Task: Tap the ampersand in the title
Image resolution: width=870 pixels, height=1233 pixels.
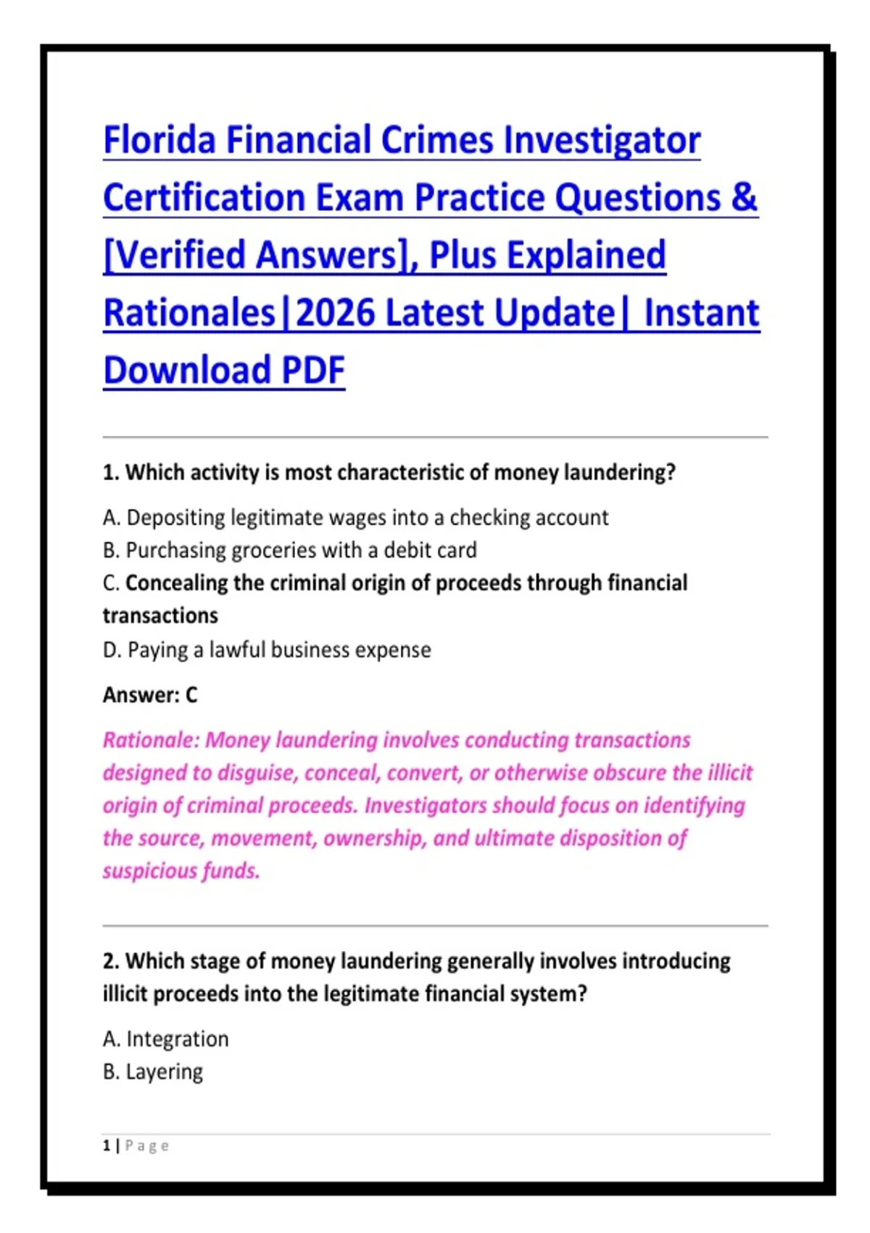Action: click(x=745, y=197)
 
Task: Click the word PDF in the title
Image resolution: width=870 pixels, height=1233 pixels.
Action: click(x=313, y=370)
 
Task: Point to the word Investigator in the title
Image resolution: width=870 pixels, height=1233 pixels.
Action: click(x=602, y=141)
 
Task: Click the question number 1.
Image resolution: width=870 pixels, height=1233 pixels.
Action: click(x=110, y=472)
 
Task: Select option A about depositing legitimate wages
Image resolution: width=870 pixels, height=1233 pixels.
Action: click(x=355, y=518)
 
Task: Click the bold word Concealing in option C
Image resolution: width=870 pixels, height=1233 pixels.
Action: click(x=176, y=583)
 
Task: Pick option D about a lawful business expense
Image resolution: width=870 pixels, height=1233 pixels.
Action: click(x=267, y=650)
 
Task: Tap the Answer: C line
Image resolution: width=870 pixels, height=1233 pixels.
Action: click(x=149, y=696)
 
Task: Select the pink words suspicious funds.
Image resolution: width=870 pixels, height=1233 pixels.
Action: click(x=181, y=871)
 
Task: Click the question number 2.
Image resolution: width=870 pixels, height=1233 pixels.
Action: click(x=111, y=961)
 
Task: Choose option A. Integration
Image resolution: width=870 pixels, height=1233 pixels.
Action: click(x=165, y=1039)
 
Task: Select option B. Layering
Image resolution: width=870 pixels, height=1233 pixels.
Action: click(x=153, y=1072)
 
